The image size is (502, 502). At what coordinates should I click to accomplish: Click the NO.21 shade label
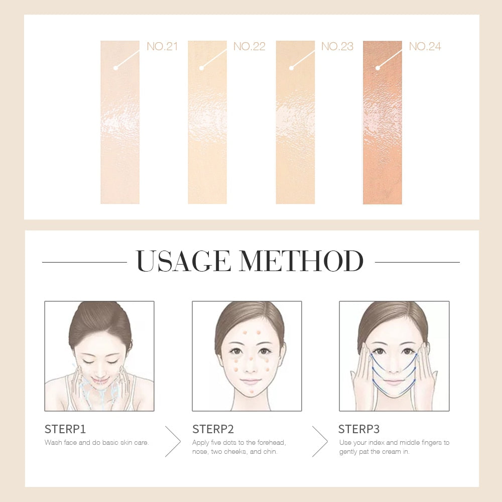162,47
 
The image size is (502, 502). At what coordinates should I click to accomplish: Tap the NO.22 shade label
249,47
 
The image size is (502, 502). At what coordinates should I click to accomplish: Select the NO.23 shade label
337,47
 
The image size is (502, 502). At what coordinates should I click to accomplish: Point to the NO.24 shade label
425,47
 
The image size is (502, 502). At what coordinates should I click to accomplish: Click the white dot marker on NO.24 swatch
378,67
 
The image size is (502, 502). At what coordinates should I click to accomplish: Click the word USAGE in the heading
186,261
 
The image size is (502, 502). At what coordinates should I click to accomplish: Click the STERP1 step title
65,429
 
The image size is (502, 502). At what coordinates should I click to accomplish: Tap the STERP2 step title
213,429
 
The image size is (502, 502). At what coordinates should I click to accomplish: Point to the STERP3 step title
359,429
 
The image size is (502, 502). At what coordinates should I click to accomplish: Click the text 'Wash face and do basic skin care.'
97,443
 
